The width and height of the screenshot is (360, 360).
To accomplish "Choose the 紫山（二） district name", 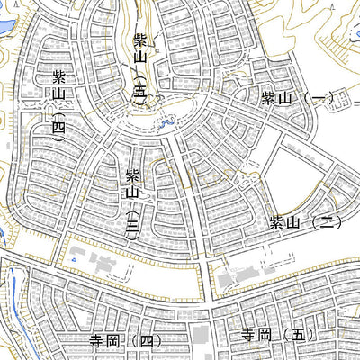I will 306,221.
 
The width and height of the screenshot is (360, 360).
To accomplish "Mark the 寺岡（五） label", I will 274,335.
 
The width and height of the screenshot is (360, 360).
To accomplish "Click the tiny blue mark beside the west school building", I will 68,261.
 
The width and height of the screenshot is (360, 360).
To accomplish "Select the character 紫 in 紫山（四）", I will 59,76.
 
